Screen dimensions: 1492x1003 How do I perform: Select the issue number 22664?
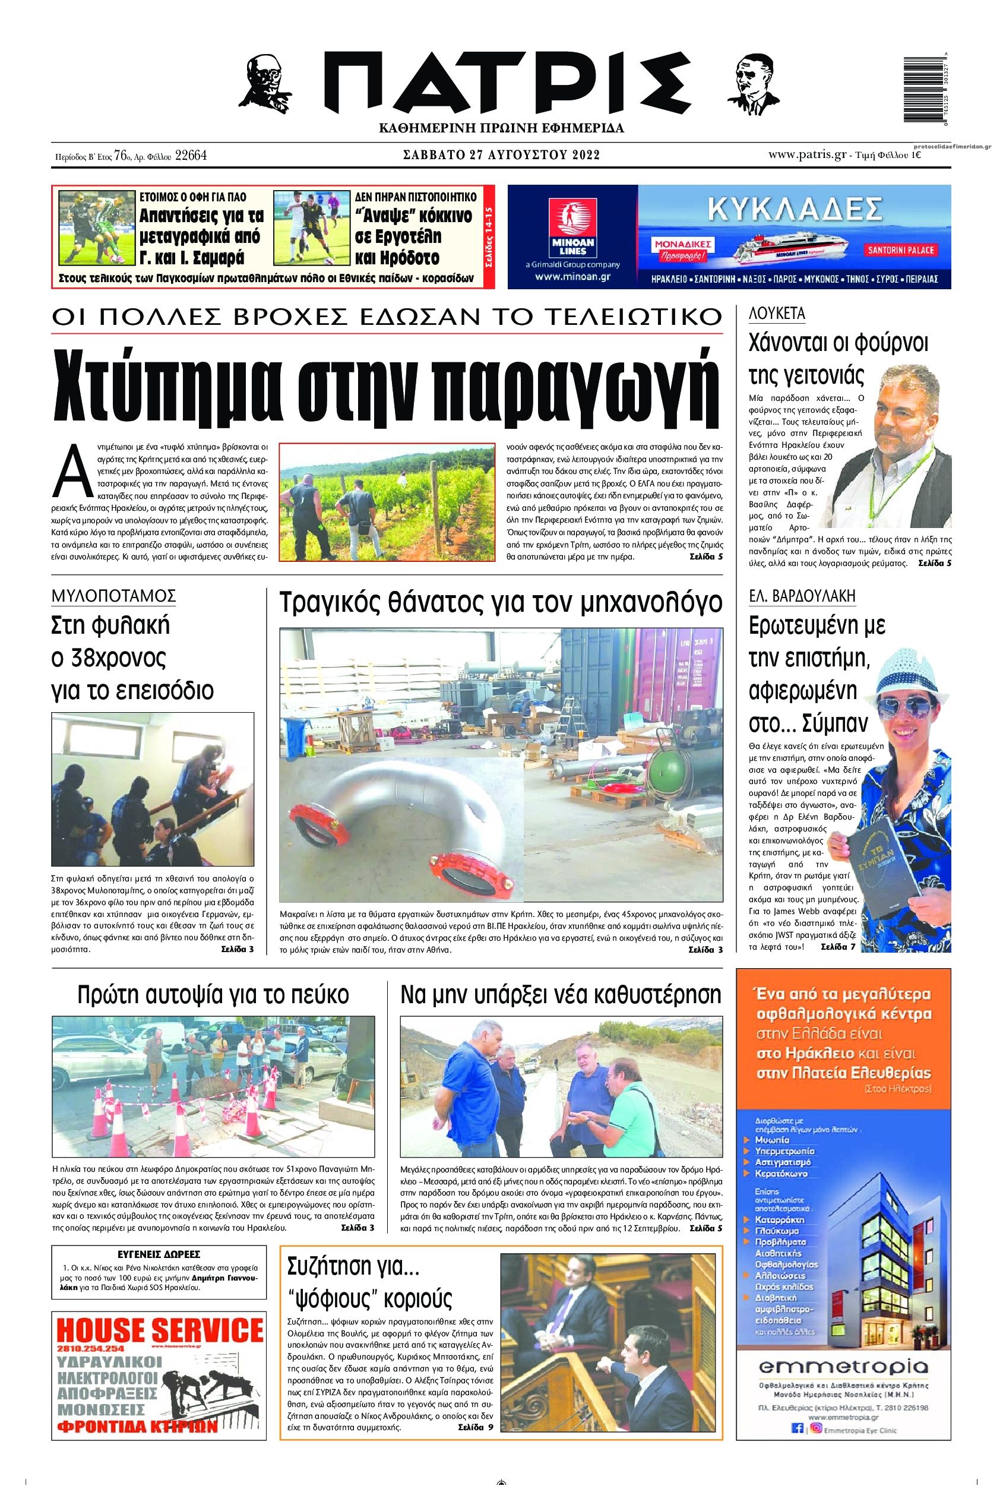tap(190, 156)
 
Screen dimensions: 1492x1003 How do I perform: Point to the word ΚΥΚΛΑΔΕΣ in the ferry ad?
tap(795, 208)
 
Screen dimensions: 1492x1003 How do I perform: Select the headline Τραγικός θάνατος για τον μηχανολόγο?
tap(501, 603)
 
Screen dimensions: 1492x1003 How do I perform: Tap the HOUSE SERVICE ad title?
tap(160, 1331)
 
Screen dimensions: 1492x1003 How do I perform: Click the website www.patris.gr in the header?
tap(808, 155)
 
